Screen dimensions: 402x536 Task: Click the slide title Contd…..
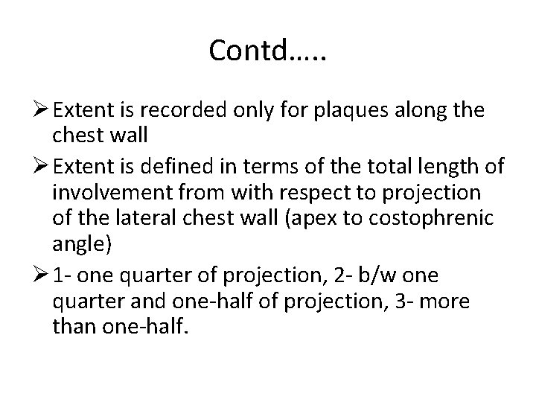click(267, 50)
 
